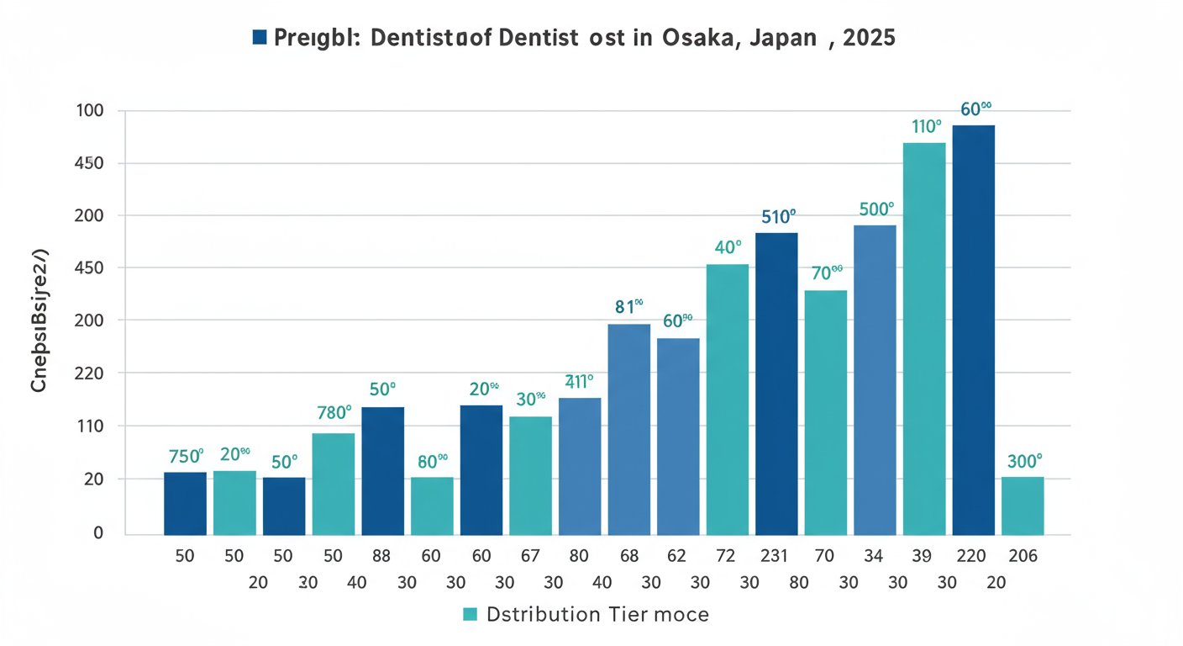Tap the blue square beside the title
260,37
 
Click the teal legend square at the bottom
470,615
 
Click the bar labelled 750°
185,503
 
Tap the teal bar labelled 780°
334,484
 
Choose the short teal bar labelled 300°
1023,506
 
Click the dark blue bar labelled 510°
776,383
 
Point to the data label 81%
628,307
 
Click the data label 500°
877,209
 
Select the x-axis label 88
382,555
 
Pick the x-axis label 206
1023,555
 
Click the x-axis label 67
530,555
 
